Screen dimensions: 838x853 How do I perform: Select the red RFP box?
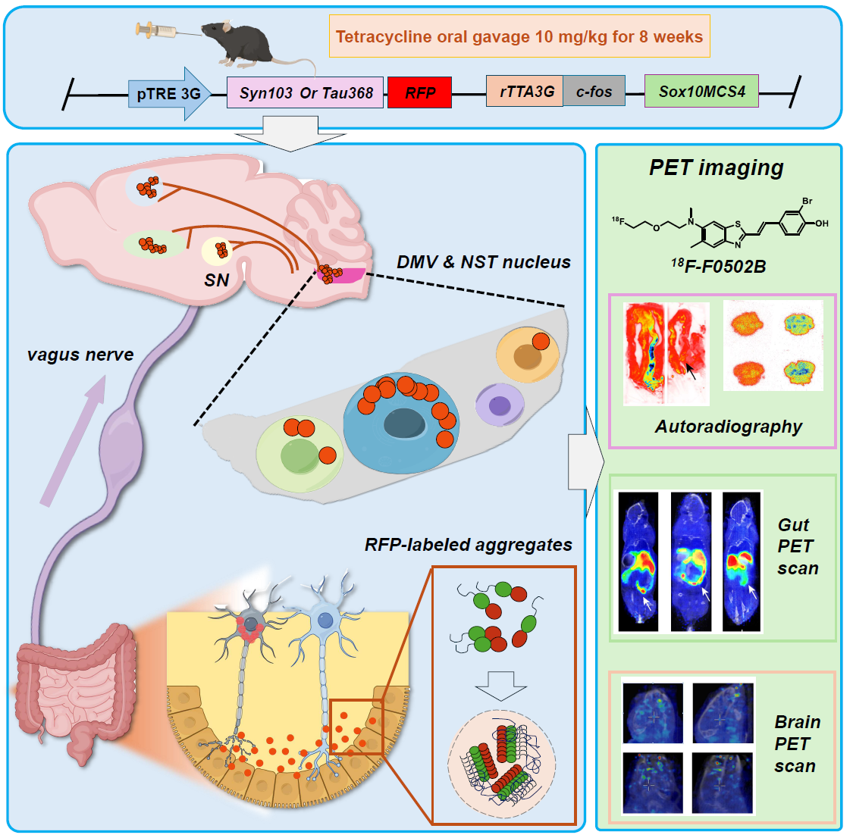pyautogui.click(x=419, y=92)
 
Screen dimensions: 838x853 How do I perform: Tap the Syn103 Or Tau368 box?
pyautogui.click(x=306, y=92)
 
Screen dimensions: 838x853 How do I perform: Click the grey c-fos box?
pyautogui.click(x=594, y=91)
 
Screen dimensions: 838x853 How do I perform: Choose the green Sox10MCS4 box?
pyautogui.click(x=701, y=91)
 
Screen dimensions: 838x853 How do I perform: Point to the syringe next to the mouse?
pyautogui.click(x=155, y=30)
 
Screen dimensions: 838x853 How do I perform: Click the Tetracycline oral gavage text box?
pyautogui.click(x=519, y=36)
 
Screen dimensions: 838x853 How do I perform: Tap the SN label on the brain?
pyautogui.click(x=216, y=280)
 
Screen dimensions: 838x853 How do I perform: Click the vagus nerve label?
pyautogui.click(x=80, y=354)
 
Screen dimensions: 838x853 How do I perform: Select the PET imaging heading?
pyautogui.click(x=716, y=167)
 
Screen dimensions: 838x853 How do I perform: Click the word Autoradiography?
pyautogui.click(x=728, y=427)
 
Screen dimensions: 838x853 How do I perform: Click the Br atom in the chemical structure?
pyautogui.click(x=807, y=201)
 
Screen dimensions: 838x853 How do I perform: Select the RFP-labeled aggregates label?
pyautogui.click(x=468, y=545)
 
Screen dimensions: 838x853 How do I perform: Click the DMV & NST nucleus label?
pyautogui.click(x=483, y=262)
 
